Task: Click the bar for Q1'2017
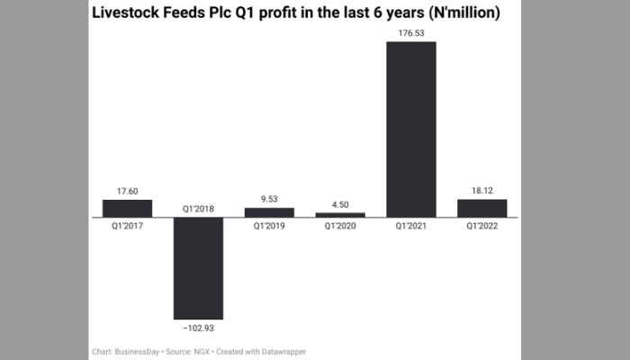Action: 127,208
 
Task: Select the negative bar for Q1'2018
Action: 198,267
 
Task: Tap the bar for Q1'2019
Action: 269,212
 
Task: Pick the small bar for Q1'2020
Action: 340,214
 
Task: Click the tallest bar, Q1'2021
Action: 411,129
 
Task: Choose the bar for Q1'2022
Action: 482,208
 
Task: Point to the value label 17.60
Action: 127,190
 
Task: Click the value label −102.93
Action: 198,327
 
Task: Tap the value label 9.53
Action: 269,198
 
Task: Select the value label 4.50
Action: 340,203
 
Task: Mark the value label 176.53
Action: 411,32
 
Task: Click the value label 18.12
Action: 482,190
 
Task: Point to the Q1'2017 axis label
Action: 127,226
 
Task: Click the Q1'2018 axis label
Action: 198,208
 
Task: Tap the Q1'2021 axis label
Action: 411,226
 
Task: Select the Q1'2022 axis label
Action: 482,226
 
